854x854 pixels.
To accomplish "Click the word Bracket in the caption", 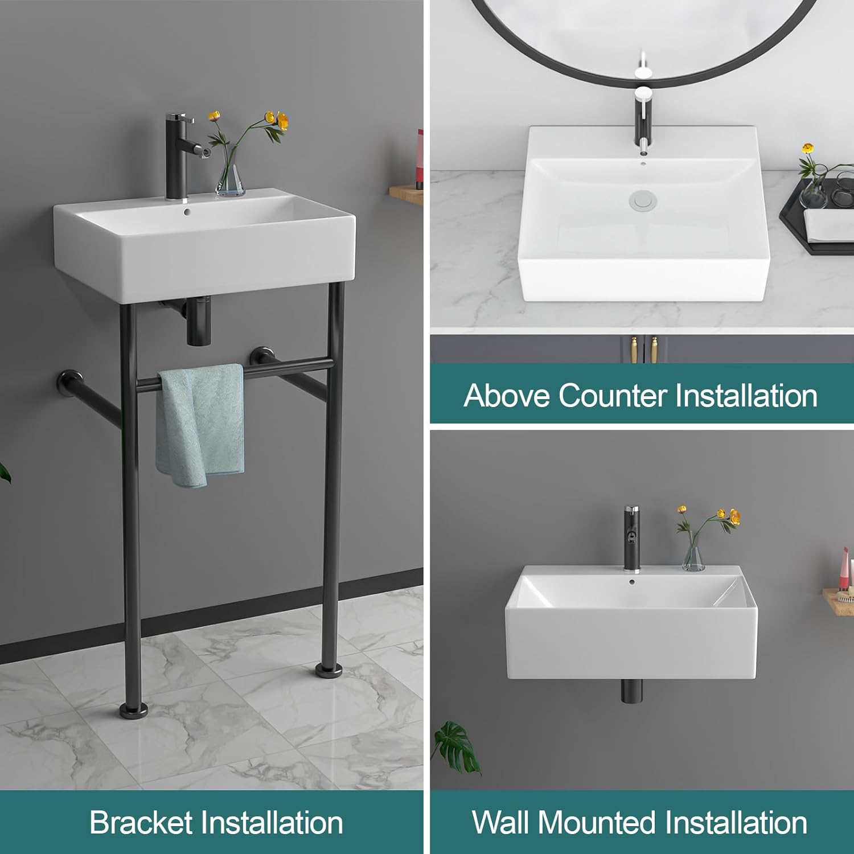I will coord(141,823).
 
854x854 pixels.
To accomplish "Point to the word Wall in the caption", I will coord(501,823).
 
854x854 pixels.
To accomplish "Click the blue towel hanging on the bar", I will coord(200,424).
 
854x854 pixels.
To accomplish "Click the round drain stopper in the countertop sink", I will coord(643,200).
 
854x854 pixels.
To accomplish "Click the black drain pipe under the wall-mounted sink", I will coord(631,689).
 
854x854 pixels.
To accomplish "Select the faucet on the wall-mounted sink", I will coord(631,538).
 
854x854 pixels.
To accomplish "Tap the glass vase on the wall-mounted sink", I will coord(693,556).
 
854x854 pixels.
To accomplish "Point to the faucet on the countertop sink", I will coord(642,122).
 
